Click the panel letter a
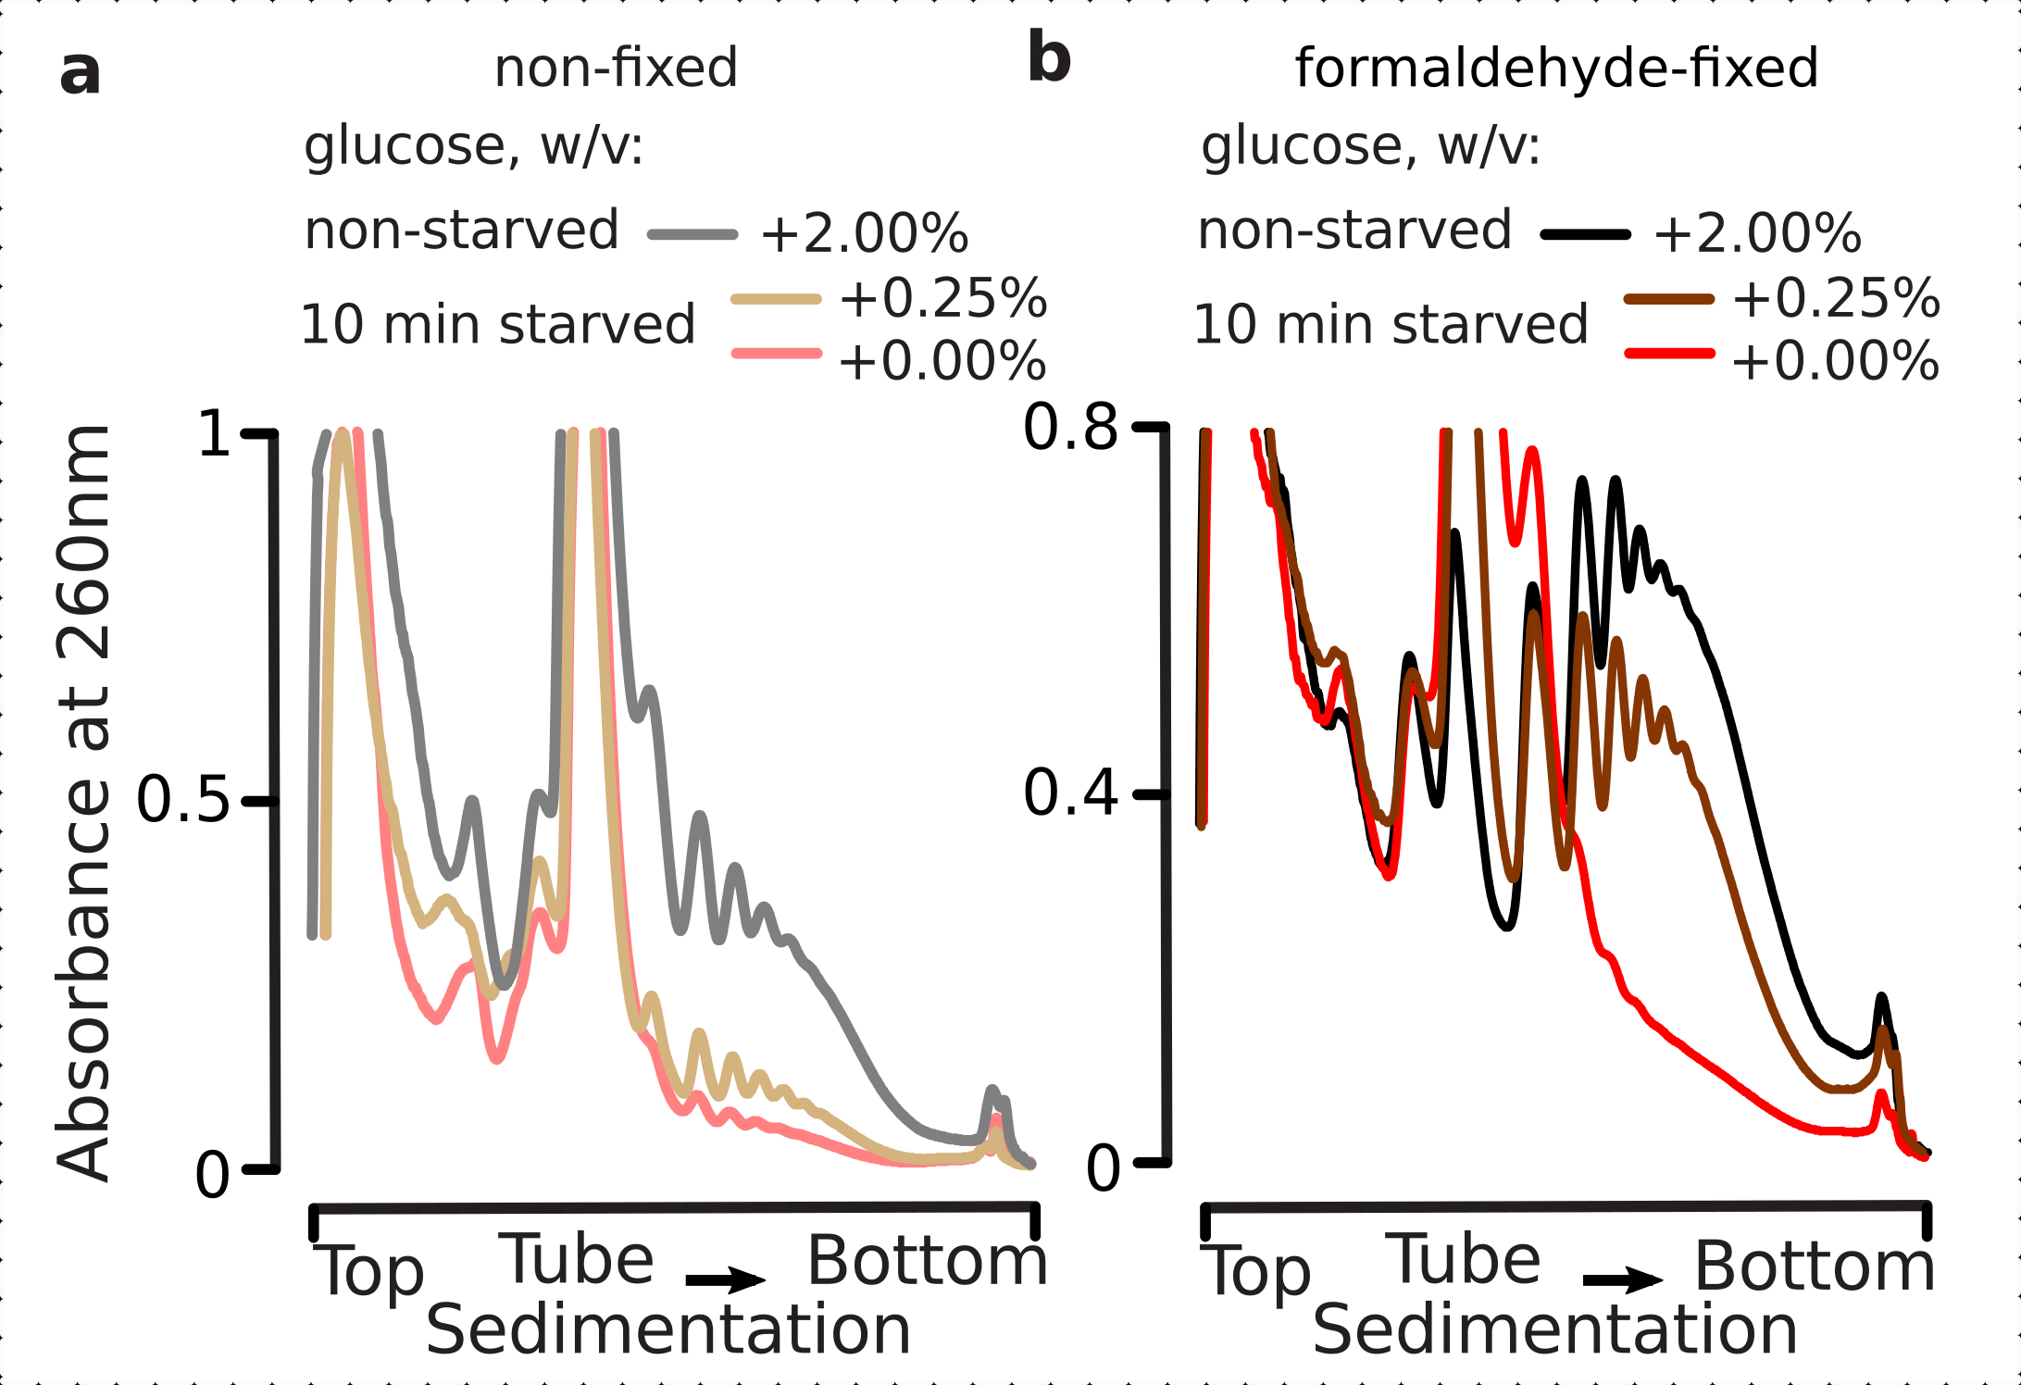click(80, 72)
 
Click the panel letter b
click(1049, 57)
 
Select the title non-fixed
click(616, 68)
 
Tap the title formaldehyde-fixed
click(1556, 68)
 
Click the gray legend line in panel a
click(692, 234)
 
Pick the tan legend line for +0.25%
click(776, 299)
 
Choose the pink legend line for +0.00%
click(776, 353)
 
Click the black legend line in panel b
click(1585, 235)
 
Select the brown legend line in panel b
click(1668, 299)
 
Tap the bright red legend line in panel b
click(1668, 354)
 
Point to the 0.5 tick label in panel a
click(182, 799)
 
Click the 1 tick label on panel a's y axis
click(215, 433)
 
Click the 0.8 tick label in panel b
click(1070, 428)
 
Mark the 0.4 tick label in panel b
click(1070, 793)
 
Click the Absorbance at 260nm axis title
click(83, 802)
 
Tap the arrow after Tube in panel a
click(725, 1280)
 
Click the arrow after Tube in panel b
click(1623, 1281)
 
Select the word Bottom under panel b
click(1815, 1266)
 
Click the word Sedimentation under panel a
click(668, 1329)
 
